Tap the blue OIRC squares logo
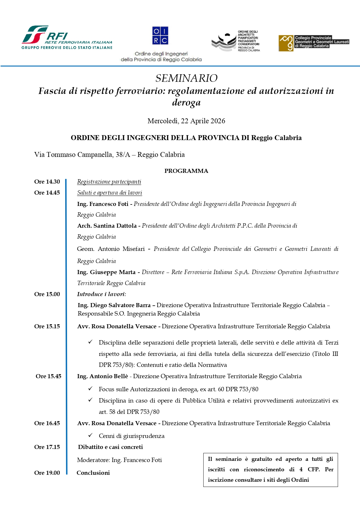point(160,35)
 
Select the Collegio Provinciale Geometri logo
point(314,43)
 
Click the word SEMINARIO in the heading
point(186,78)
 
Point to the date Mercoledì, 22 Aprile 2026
point(186,121)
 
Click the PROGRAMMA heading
point(186,171)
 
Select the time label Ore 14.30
point(47,182)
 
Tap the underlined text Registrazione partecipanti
point(109,182)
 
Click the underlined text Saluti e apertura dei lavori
point(109,193)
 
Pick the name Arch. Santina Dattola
point(107,226)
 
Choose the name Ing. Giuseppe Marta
point(106,272)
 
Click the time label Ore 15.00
point(47,294)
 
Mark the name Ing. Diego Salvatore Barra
point(114,305)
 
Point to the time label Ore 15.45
point(48,376)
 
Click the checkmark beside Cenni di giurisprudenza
point(91,435)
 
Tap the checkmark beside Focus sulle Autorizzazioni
point(91,389)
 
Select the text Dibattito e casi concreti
point(110,447)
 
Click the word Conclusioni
point(93,473)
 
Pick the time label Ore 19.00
point(47,473)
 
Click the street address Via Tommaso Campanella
point(109,155)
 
